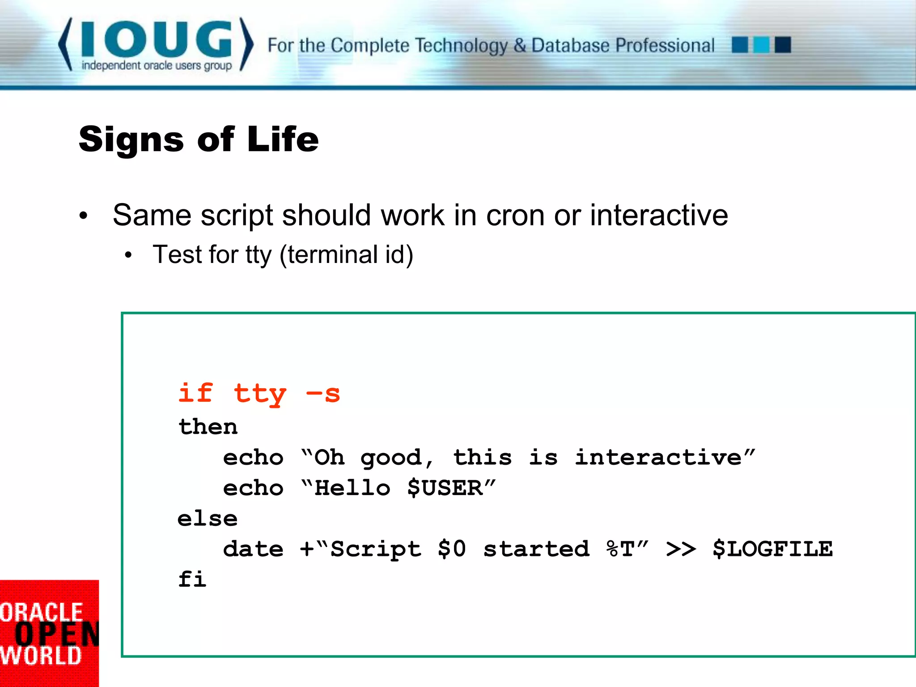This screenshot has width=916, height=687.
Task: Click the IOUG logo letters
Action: click(x=157, y=39)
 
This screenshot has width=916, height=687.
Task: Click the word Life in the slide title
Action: click(x=283, y=140)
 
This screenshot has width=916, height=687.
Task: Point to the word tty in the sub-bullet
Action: click(x=259, y=255)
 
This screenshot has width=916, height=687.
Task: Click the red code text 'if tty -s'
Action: click(x=259, y=394)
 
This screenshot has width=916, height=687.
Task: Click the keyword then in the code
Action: click(x=208, y=427)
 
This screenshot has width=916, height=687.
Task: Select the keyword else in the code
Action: click(x=208, y=519)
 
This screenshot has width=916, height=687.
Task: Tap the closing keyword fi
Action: click(x=192, y=580)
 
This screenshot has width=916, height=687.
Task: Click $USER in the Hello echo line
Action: click(x=445, y=488)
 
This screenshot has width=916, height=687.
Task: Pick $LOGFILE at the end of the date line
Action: click(x=772, y=549)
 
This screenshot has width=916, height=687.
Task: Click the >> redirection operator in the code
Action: click(x=681, y=549)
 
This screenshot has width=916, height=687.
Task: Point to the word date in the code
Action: click(x=253, y=549)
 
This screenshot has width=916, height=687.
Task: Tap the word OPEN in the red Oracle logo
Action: click(x=57, y=634)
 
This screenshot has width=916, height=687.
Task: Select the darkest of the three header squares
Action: click(x=783, y=45)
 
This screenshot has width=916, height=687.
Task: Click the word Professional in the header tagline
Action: click(x=665, y=46)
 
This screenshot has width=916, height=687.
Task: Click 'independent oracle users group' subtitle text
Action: click(x=157, y=66)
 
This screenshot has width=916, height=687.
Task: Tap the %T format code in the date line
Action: click(x=621, y=549)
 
